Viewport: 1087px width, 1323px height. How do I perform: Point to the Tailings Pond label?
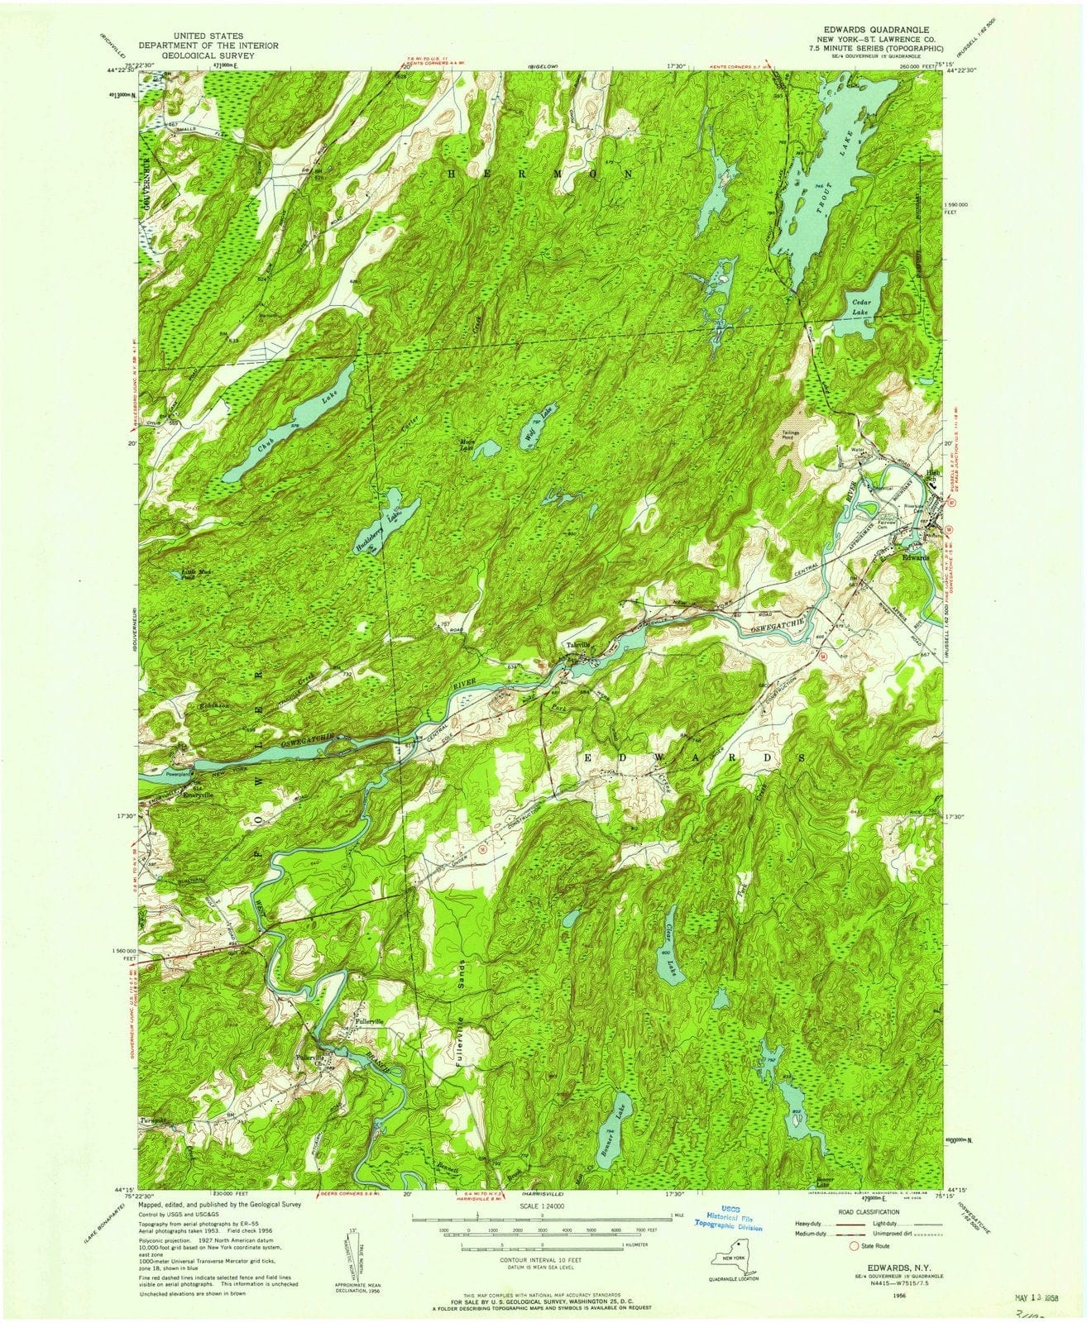(788, 438)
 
